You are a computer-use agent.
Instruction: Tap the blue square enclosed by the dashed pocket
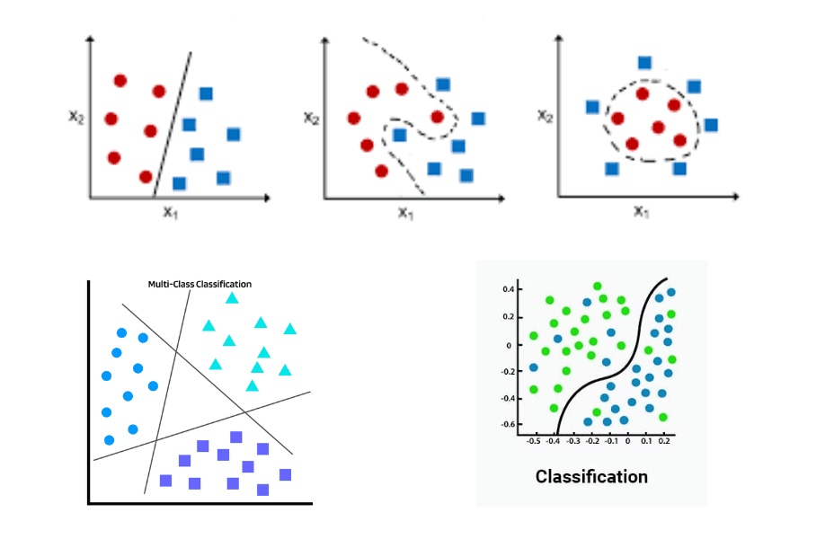coord(400,135)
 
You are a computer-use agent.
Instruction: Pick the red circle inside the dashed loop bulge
coord(438,117)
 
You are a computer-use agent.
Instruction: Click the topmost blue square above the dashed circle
coord(644,62)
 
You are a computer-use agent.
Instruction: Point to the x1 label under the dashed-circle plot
coord(641,212)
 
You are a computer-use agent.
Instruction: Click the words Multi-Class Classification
coord(200,284)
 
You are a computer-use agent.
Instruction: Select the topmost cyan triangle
coord(233,297)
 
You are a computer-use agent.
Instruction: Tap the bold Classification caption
coord(591,476)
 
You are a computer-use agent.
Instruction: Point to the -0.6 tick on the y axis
coord(508,424)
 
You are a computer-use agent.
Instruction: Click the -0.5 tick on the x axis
coord(533,441)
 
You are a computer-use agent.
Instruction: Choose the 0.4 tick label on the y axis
coord(510,289)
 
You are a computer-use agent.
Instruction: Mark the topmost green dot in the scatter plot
coord(598,286)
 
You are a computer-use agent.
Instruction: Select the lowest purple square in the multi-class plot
coord(263,490)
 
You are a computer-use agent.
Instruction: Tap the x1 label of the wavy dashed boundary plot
coord(406,213)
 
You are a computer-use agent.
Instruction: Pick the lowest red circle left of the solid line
coord(146,176)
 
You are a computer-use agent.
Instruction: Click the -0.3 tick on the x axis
coord(572,441)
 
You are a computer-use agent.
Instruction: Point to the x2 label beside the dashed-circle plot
coord(544,115)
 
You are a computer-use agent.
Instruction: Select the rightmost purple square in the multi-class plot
coord(286,474)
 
